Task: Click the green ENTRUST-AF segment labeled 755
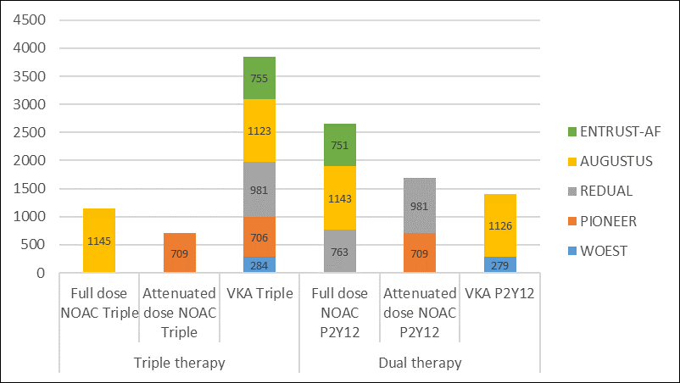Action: click(259, 78)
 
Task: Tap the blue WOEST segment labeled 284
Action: click(259, 264)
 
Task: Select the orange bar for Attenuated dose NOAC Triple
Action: click(179, 253)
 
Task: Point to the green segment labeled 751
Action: click(339, 145)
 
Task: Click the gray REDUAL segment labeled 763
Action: click(339, 251)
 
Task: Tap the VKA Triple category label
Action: click(259, 294)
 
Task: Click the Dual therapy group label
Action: click(420, 363)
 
